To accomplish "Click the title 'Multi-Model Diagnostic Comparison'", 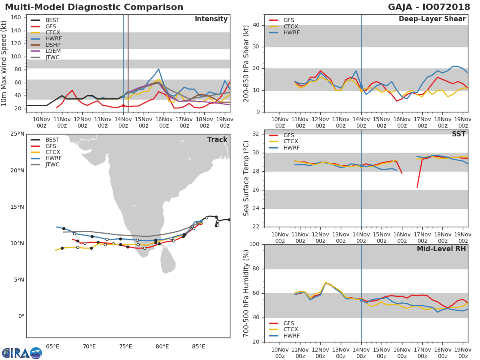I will pos(94,7).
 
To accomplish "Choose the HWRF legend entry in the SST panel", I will pos(290,148).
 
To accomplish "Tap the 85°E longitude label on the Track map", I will pos(199,346).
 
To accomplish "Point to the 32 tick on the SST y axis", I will pos(256,134).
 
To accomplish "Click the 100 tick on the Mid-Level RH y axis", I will pos(254,244).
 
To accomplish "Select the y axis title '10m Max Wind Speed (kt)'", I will pos(4,63).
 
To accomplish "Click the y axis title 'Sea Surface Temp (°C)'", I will pos(246,178).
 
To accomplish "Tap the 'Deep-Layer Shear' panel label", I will pos(432,19).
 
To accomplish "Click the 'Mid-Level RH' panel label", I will pos(441,249).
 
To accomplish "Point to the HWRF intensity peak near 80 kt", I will pos(159,69).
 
